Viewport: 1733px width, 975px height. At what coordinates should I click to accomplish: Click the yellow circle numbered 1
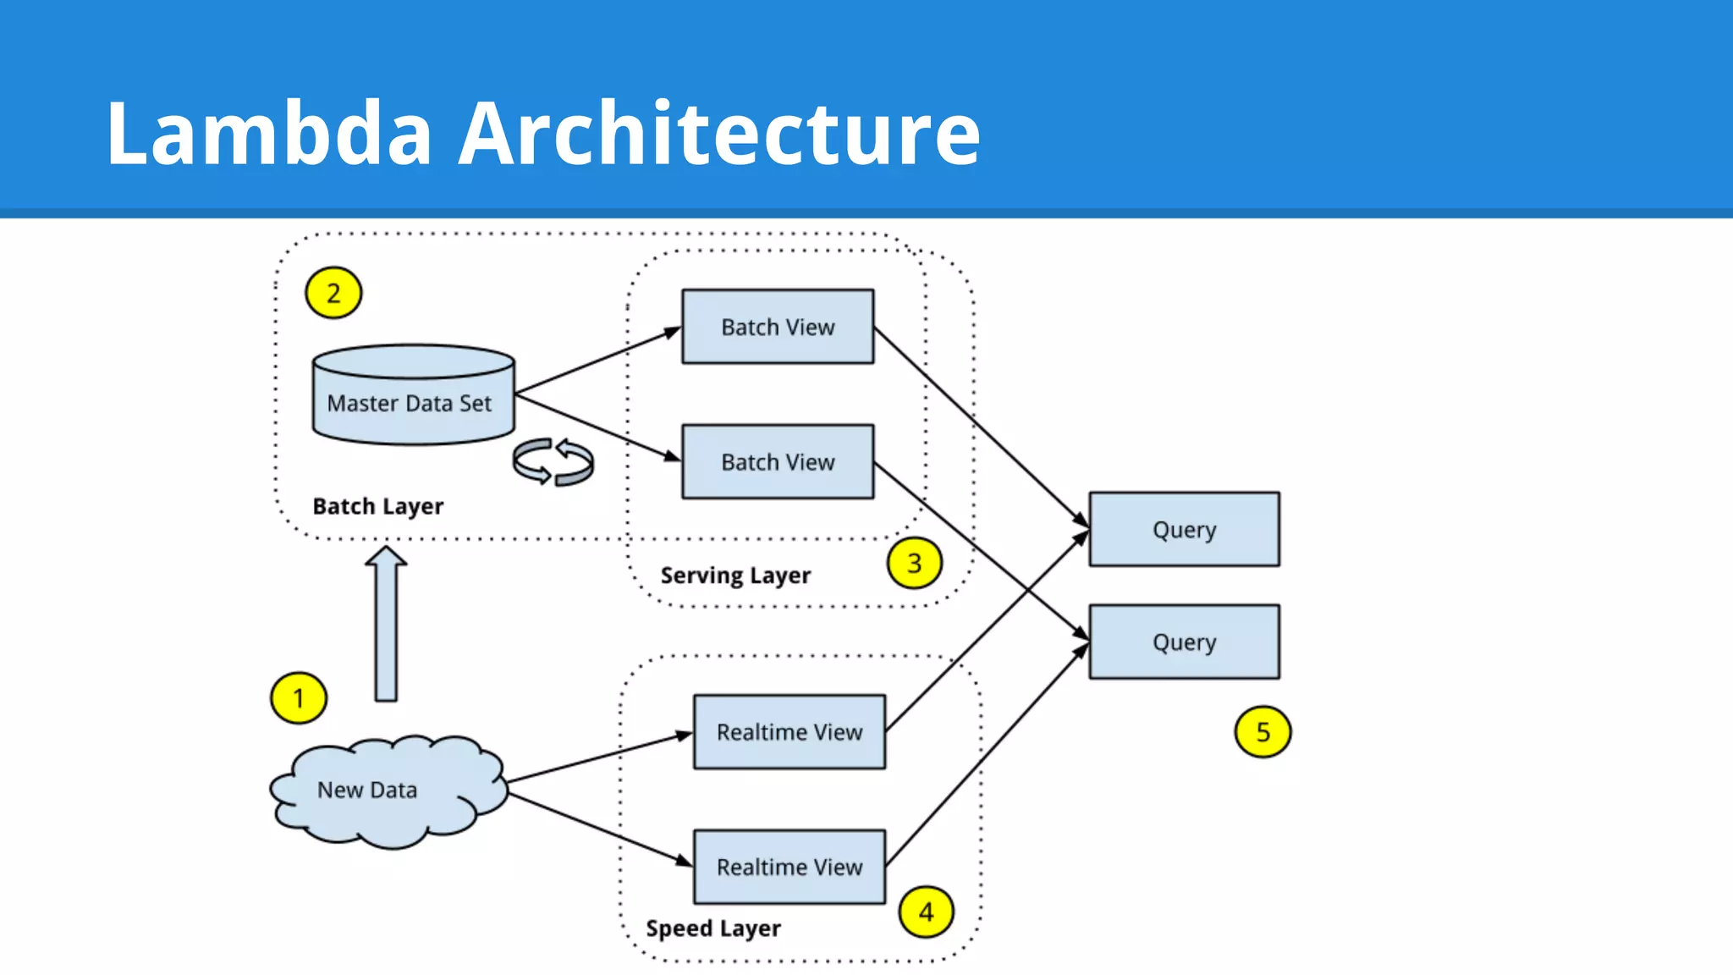[298, 698]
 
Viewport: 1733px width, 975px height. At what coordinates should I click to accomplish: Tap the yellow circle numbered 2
[333, 293]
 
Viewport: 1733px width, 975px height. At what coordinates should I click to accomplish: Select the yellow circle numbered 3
[914, 563]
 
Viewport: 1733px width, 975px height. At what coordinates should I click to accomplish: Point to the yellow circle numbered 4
[926, 912]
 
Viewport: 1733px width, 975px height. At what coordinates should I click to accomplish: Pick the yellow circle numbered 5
[1262, 732]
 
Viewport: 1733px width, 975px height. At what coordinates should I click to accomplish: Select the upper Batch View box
[778, 327]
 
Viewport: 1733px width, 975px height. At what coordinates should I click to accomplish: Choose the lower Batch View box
[778, 462]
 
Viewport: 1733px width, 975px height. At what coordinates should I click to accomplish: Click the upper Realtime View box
[789, 732]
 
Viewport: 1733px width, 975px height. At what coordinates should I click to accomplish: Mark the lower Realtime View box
[789, 867]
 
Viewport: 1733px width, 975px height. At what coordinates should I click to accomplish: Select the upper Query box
[1184, 530]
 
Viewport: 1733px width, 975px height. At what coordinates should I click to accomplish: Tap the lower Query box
[1184, 642]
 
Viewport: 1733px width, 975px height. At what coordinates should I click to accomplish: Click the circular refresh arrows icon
[553, 462]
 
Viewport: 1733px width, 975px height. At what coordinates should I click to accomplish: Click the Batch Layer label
[377, 506]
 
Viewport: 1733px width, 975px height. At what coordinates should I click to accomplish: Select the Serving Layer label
[734, 576]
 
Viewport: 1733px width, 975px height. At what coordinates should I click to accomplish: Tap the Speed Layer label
[712, 928]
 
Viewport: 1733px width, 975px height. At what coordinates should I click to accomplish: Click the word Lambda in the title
[269, 133]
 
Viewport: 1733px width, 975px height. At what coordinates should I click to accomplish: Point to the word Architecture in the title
[718, 133]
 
